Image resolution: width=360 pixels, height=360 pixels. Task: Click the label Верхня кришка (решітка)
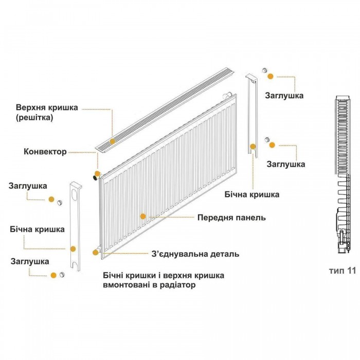[x=47, y=112]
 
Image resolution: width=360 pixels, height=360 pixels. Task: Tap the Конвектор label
[x=45, y=152]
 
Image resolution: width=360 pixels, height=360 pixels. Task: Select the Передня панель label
[x=231, y=218]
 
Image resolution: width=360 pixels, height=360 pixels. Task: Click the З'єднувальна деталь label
[x=195, y=254]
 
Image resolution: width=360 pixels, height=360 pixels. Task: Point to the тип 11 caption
[x=343, y=271]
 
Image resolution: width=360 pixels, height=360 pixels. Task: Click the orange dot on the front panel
[x=143, y=217]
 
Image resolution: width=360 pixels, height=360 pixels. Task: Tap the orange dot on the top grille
[x=113, y=141]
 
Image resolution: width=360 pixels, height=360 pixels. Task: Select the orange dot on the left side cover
[x=73, y=248]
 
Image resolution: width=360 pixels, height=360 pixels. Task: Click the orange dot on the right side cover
[x=253, y=147]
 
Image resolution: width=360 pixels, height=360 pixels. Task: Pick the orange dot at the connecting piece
[x=95, y=253]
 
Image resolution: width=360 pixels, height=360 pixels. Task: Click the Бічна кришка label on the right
[x=252, y=195]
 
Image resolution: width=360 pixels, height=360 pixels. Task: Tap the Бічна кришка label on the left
[x=37, y=229]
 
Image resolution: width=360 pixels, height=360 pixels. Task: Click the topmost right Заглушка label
[x=284, y=96]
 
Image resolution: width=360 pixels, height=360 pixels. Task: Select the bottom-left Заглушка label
[x=30, y=261]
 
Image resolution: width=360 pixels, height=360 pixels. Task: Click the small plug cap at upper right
[x=265, y=70]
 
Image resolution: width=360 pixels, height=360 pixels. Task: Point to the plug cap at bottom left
[x=62, y=275]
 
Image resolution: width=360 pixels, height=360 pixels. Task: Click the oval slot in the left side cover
[x=75, y=194]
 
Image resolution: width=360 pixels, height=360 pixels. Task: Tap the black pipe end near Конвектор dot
[x=95, y=178]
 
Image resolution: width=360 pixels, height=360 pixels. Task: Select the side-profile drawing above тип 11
[x=343, y=174]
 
